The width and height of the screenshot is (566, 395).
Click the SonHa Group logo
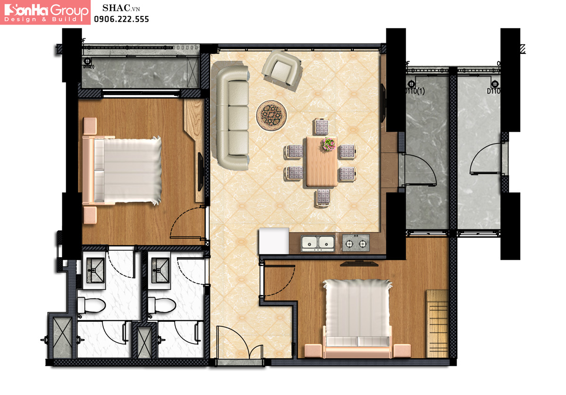(45, 12)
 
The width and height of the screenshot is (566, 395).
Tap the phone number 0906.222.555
(121, 19)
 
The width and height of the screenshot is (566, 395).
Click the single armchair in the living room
(282, 70)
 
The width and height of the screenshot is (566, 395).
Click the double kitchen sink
(318, 243)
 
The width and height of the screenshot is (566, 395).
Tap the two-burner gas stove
(356, 243)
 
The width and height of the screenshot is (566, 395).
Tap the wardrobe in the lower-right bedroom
(437, 324)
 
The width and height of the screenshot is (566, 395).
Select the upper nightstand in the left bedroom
(90, 126)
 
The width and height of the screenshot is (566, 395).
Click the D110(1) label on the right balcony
(415, 91)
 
